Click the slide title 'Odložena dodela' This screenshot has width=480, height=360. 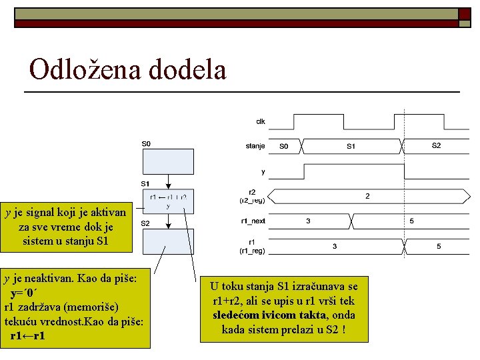click(128, 69)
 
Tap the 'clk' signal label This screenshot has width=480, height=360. click(261, 121)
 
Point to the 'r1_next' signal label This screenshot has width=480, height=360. click(253, 220)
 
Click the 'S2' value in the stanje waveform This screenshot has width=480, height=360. click(436, 145)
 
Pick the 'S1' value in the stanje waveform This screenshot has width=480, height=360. click(351, 145)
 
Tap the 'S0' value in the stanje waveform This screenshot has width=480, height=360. click(284, 145)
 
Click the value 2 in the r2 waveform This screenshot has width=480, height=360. click(367, 196)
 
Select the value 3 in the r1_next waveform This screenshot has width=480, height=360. click(307, 220)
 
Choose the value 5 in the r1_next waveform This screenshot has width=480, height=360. click(411, 220)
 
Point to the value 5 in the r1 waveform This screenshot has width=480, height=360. click(439, 246)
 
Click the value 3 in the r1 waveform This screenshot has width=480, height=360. click(335, 246)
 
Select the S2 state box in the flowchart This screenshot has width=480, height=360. click(168, 241)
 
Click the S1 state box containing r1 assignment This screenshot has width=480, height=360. click(168, 201)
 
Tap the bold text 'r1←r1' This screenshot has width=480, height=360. click(28, 335)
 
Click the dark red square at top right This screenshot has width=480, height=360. click(464, 13)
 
